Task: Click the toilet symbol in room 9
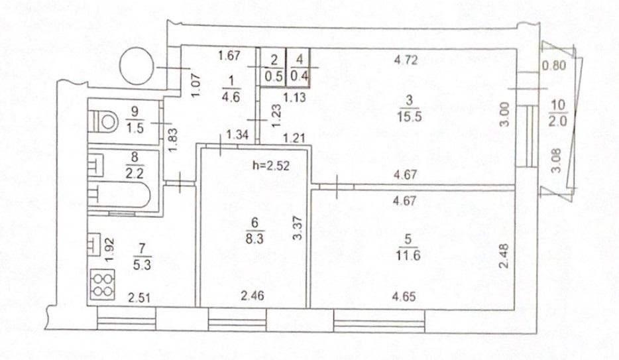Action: click(x=103, y=121)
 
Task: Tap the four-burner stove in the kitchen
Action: click(x=102, y=284)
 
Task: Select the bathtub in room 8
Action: click(x=119, y=195)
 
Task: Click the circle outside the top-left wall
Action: click(x=137, y=66)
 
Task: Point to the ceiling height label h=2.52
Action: click(x=271, y=165)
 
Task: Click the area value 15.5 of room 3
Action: click(x=410, y=117)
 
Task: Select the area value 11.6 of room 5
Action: click(x=408, y=255)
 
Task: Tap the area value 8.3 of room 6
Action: click(x=254, y=239)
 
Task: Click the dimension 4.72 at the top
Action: click(x=406, y=60)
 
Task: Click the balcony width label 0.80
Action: click(x=554, y=65)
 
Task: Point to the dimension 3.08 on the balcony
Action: click(x=556, y=161)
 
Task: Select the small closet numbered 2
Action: click(x=273, y=68)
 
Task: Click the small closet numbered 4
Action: click(x=298, y=68)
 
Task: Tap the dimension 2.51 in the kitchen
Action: click(x=139, y=297)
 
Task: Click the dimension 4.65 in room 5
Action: click(x=404, y=296)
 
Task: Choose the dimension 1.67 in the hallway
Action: click(x=229, y=55)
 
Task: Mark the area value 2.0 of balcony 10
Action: click(x=557, y=121)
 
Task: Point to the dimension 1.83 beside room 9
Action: click(x=172, y=140)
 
